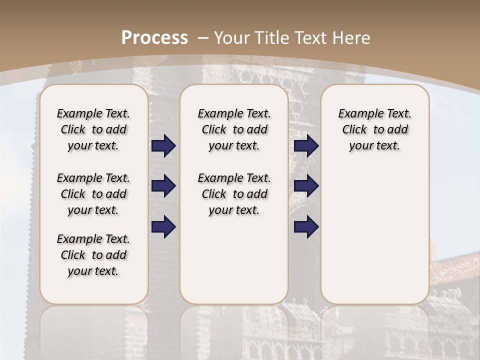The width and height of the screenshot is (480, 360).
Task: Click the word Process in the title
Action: coord(154,37)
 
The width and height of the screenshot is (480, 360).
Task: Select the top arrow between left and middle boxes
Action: coord(163,146)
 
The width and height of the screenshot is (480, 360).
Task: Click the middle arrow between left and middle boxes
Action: coord(163,186)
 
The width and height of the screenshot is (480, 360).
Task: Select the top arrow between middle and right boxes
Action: coord(306,146)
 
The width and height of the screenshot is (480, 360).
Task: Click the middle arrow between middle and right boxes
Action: coord(306,186)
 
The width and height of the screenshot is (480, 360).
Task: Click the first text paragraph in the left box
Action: coord(93,129)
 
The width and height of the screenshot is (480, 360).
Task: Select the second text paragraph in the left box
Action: coord(93,194)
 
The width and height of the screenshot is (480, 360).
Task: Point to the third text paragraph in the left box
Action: coord(93,255)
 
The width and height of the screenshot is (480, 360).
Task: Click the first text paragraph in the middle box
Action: coord(234,129)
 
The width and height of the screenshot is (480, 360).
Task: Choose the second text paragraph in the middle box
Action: coord(234,194)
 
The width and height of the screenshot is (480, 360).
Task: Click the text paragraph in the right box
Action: coord(374,129)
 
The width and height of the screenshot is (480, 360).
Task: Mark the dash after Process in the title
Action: coord(202,37)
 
